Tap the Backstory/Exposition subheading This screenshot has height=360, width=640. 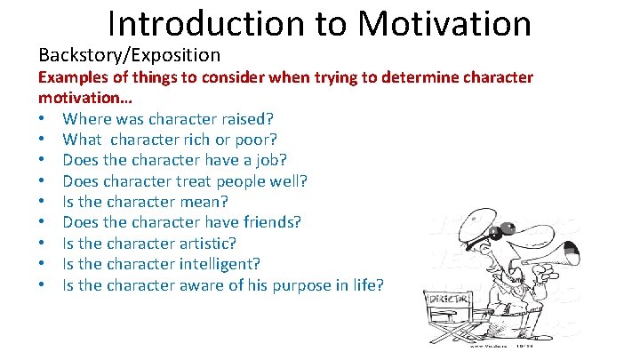click(129, 55)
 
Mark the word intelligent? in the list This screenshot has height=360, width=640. click(226, 264)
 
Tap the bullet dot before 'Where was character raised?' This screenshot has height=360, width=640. click(43, 119)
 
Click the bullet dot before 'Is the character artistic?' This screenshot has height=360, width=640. click(43, 244)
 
